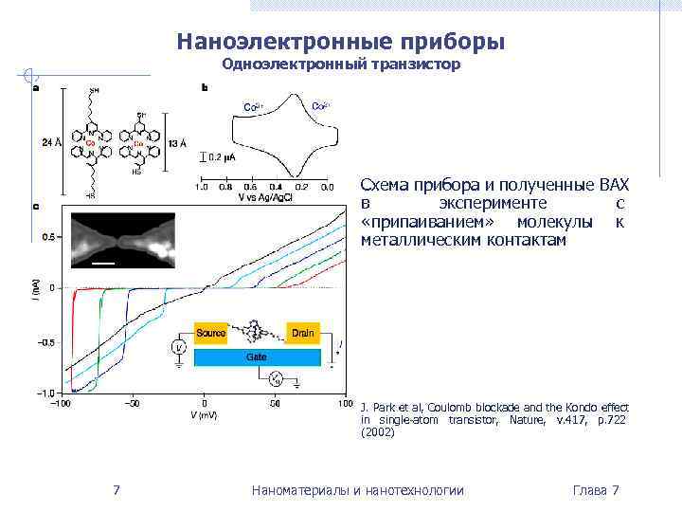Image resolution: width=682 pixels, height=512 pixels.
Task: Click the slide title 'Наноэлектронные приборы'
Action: point(340,43)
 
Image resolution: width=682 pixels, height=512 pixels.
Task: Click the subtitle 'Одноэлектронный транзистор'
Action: point(341,64)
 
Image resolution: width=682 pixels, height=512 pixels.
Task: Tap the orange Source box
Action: point(211,333)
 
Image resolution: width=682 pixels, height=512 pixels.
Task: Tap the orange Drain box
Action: point(303,333)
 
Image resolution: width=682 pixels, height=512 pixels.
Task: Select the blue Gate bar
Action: point(257,357)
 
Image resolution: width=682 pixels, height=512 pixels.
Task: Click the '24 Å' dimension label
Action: point(52,142)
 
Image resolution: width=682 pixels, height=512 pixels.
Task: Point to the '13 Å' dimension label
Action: point(177,142)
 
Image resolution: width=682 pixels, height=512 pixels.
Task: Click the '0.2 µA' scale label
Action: point(224,157)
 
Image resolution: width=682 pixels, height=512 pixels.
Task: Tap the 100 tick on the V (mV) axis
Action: point(343,403)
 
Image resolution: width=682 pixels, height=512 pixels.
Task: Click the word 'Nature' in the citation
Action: point(527,419)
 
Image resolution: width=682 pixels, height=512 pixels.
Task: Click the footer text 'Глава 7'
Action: point(596,490)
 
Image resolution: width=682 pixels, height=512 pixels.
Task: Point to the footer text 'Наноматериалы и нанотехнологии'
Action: point(358,490)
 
